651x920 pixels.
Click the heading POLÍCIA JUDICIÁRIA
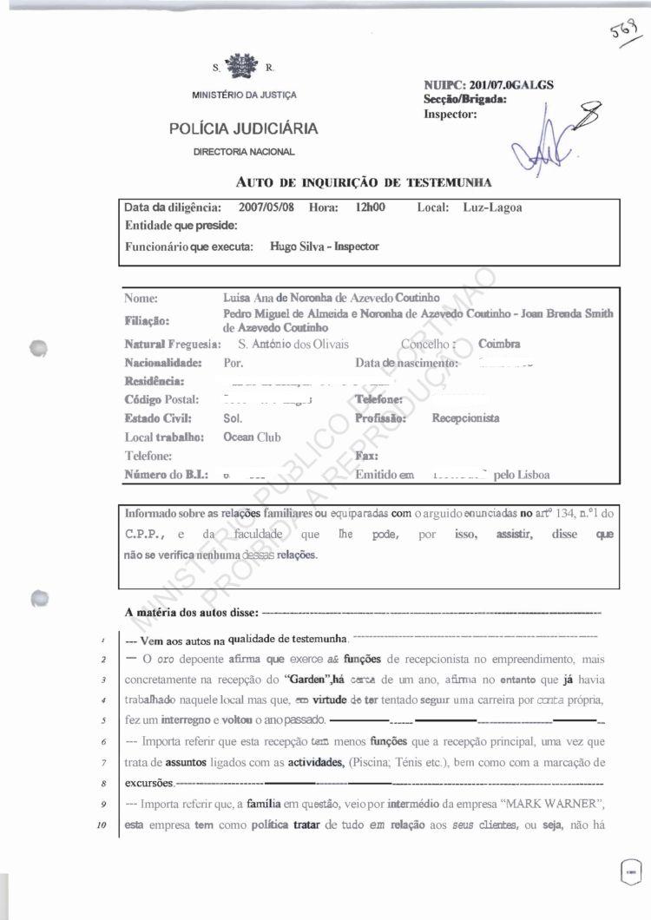click(244, 129)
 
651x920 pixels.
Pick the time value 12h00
click(370, 208)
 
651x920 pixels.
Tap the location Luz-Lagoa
click(492, 208)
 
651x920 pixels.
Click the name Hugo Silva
click(298, 246)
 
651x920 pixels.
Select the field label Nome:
click(141, 298)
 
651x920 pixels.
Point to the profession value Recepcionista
click(465, 417)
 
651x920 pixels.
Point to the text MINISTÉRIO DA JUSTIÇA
click(244, 95)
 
